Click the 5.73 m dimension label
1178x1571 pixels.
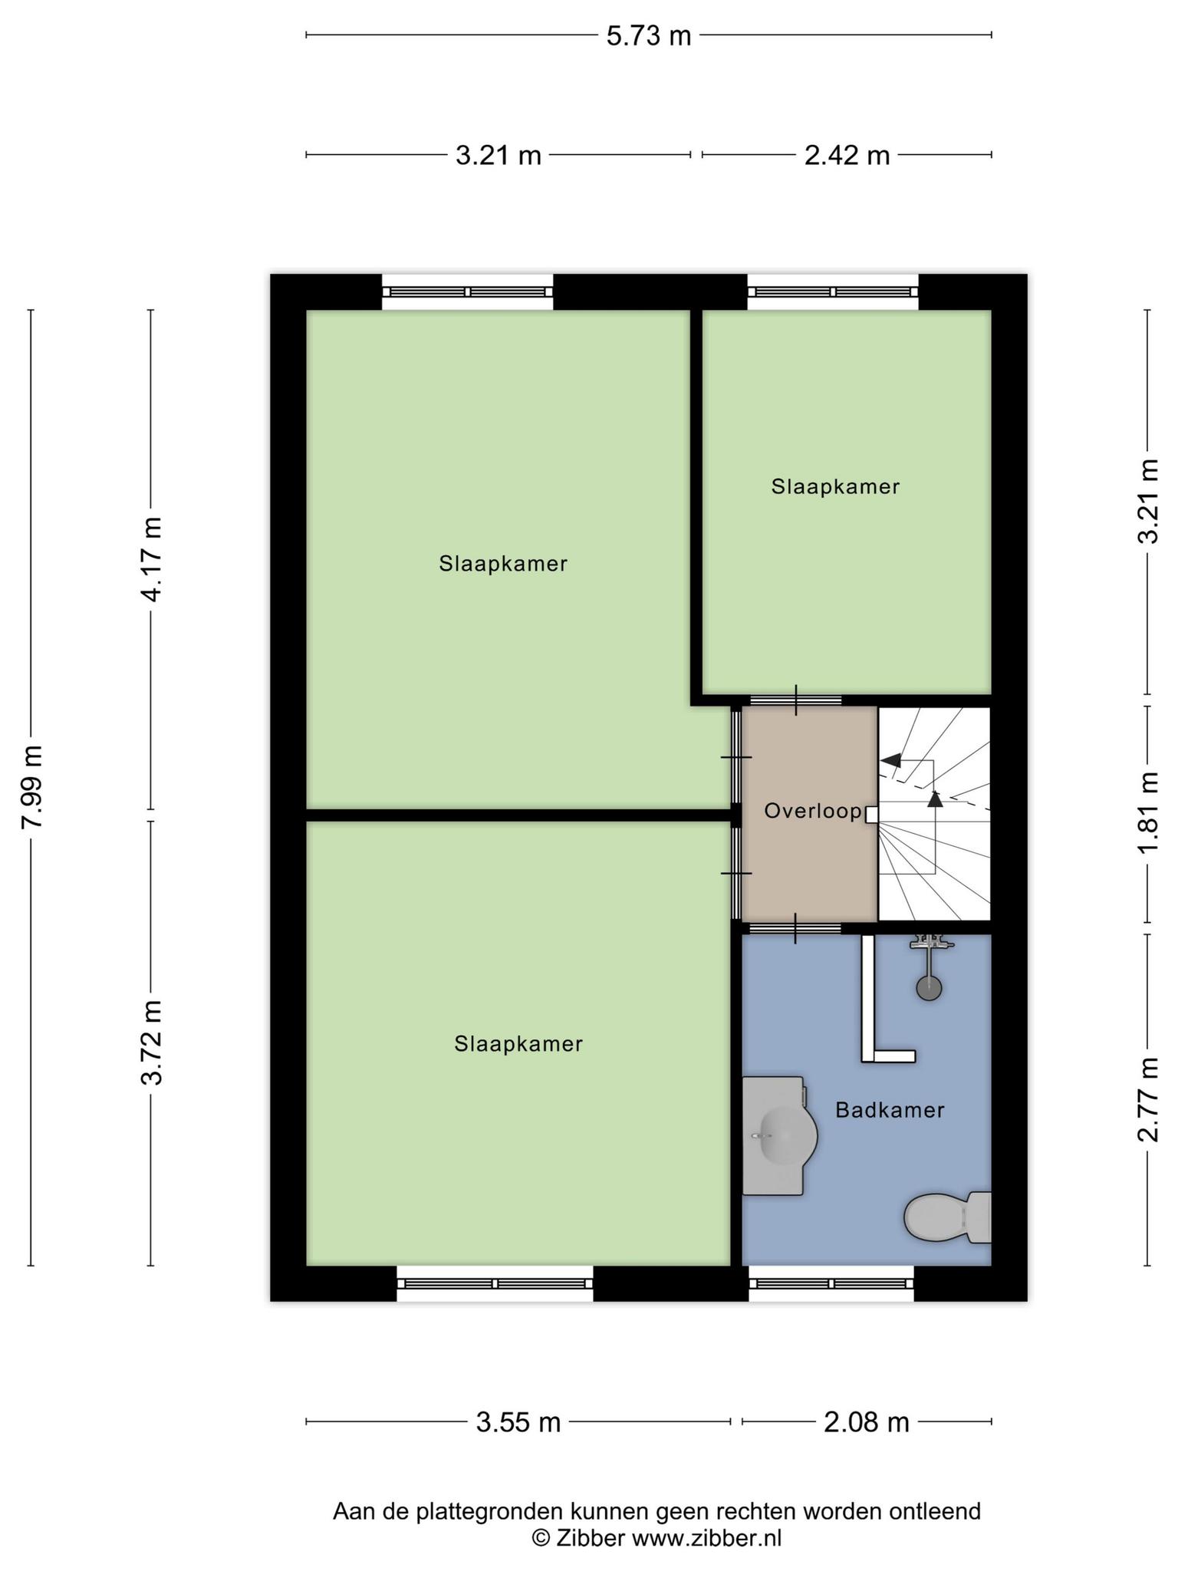649,36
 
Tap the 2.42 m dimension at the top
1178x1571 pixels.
847,156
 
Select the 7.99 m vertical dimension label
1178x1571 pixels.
32,786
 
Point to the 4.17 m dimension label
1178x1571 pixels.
152,558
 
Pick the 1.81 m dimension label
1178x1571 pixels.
1148,813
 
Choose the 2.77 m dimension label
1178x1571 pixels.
1148,1098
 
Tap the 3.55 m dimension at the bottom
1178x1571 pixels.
518,1423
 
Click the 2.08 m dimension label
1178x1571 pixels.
867,1423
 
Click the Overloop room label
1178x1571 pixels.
813,811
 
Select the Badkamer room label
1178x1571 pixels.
890,1110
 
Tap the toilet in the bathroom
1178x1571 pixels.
948,1217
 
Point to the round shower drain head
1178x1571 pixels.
930,988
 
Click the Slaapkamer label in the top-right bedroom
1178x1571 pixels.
835,487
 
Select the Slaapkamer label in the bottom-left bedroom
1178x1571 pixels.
518,1044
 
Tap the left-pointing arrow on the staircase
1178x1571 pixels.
891,760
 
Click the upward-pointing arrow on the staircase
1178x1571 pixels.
934,799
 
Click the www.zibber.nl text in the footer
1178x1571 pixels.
706,1538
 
